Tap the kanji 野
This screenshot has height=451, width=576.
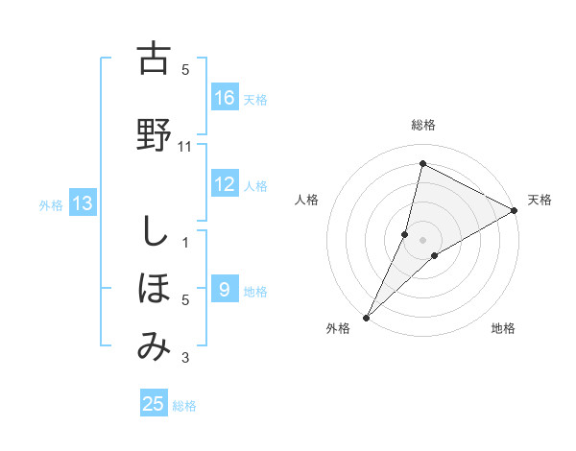click(x=153, y=134)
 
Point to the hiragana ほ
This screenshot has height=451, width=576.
click(x=153, y=289)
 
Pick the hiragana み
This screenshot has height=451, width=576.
click(x=153, y=346)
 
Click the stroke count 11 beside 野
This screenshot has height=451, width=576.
click(x=185, y=147)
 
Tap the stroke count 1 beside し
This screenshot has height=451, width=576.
click(x=185, y=243)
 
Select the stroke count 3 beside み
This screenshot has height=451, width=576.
click(x=185, y=359)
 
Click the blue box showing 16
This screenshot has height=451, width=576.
click(x=225, y=98)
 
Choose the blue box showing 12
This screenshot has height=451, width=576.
click(x=225, y=184)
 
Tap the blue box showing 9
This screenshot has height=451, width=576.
click(x=225, y=290)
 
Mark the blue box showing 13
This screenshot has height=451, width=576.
click(x=83, y=203)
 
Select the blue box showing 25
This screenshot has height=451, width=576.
click(x=154, y=404)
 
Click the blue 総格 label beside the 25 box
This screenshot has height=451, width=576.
click(x=184, y=406)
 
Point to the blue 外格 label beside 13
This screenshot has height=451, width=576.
click(x=51, y=204)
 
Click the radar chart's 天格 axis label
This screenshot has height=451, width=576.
click(x=540, y=200)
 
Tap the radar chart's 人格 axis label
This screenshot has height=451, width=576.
click(x=307, y=200)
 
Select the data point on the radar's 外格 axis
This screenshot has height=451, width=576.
click(x=366, y=317)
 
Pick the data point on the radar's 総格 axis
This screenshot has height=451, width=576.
click(x=422, y=162)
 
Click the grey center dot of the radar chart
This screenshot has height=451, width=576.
click(x=422, y=239)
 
